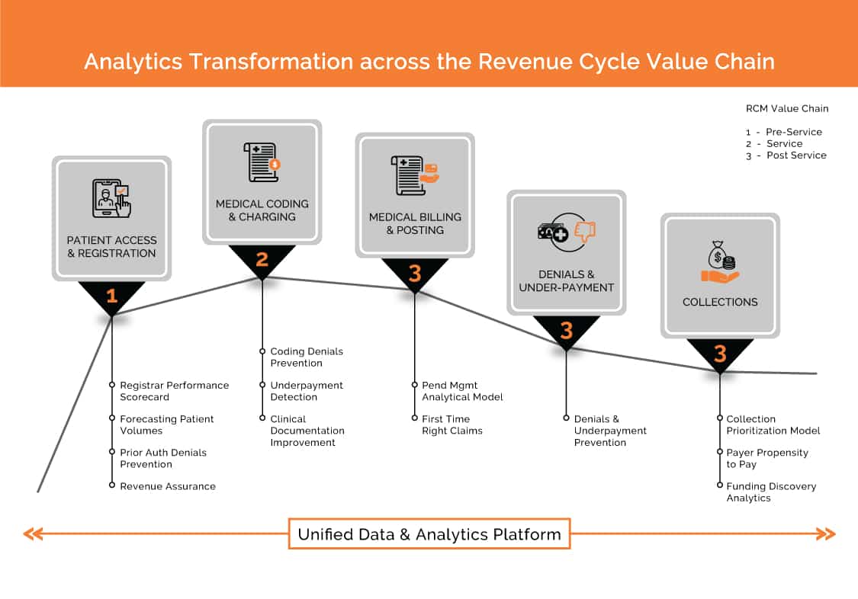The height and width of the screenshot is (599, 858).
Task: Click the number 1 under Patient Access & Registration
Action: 111,296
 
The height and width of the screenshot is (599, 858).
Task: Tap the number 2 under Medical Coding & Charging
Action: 262,259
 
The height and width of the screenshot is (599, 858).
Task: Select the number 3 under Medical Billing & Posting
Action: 415,273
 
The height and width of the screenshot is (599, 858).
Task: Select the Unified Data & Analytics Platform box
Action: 429,534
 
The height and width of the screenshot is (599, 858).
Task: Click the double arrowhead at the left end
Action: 34,534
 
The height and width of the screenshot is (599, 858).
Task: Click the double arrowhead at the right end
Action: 826,534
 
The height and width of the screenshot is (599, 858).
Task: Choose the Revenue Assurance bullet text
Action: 168,486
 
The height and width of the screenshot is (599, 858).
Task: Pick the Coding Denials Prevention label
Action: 307,357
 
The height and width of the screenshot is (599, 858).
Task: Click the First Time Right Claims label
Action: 452,424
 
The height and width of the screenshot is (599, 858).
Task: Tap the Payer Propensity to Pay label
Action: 767,458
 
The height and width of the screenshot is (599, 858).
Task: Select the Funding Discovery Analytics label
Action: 771,492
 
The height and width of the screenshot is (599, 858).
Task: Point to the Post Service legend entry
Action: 786,155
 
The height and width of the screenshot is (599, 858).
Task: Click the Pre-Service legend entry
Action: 784,132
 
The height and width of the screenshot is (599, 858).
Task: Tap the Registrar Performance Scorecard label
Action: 174,391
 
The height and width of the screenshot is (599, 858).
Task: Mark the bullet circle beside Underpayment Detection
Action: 262,385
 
